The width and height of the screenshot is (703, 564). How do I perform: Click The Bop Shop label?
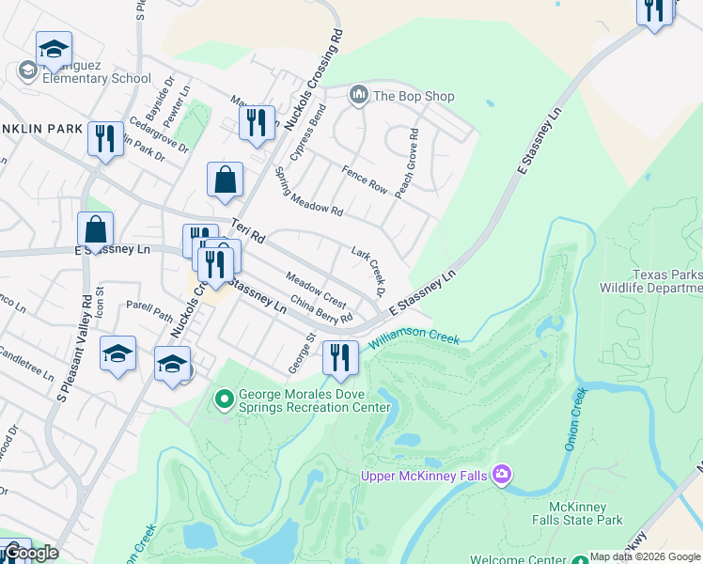(414, 96)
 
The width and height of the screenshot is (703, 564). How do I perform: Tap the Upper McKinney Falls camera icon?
(502, 475)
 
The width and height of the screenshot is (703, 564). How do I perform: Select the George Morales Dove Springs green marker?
(224, 400)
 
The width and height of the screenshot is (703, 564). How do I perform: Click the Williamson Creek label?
(414, 337)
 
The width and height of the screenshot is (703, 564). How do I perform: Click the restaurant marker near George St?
(340, 358)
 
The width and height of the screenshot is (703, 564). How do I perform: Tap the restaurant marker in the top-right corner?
(654, 10)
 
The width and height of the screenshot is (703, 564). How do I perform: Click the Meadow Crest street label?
(317, 290)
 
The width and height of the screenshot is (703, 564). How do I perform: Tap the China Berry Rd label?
(321, 310)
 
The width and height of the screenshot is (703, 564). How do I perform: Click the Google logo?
(30, 553)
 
